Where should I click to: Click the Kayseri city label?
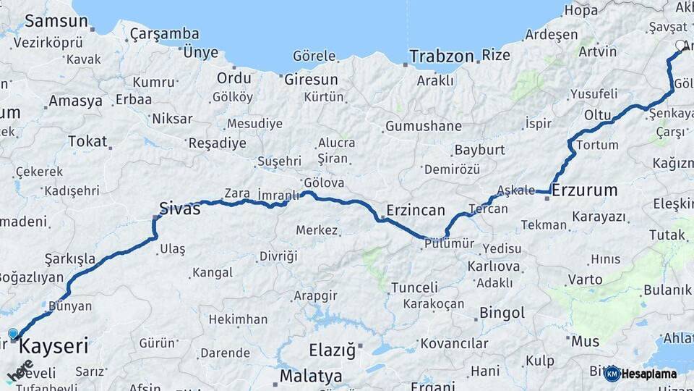(53, 346)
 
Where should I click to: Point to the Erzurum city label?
(586, 190)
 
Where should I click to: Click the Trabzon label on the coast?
(441, 56)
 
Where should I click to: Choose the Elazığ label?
(333, 351)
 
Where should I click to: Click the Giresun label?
(311, 80)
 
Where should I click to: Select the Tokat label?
(87, 141)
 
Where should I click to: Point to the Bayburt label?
(479, 151)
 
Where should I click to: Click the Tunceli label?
(415, 287)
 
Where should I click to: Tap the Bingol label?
(503, 314)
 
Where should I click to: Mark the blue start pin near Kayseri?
(12, 335)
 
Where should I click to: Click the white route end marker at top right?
(680, 46)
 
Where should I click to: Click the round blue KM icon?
(612, 374)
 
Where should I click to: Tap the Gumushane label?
(424, 127)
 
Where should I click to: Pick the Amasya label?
(75, 101)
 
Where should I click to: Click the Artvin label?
(598, 51)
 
